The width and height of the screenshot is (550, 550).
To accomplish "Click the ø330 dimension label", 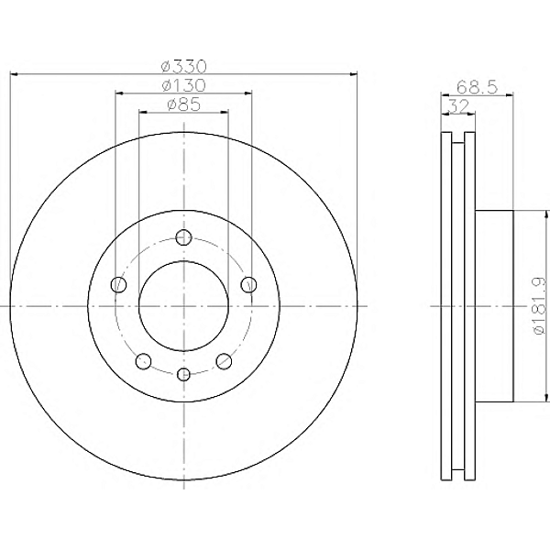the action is (184, 66).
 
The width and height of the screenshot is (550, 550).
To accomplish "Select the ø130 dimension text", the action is (184, 85).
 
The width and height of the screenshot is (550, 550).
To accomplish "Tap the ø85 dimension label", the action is (184, 104).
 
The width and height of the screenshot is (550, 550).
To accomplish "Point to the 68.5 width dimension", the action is (478, 87).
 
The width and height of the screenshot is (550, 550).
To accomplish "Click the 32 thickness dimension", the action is (458, 106).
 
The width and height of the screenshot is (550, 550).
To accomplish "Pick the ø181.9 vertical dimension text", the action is (539, 305).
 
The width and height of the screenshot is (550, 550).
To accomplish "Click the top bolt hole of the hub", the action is (183, 237).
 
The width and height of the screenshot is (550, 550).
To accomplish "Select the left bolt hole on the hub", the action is (118, 284).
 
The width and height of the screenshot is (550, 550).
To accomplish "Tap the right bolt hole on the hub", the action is (248, 284).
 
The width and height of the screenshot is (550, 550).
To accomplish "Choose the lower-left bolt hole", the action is (143, 361).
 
